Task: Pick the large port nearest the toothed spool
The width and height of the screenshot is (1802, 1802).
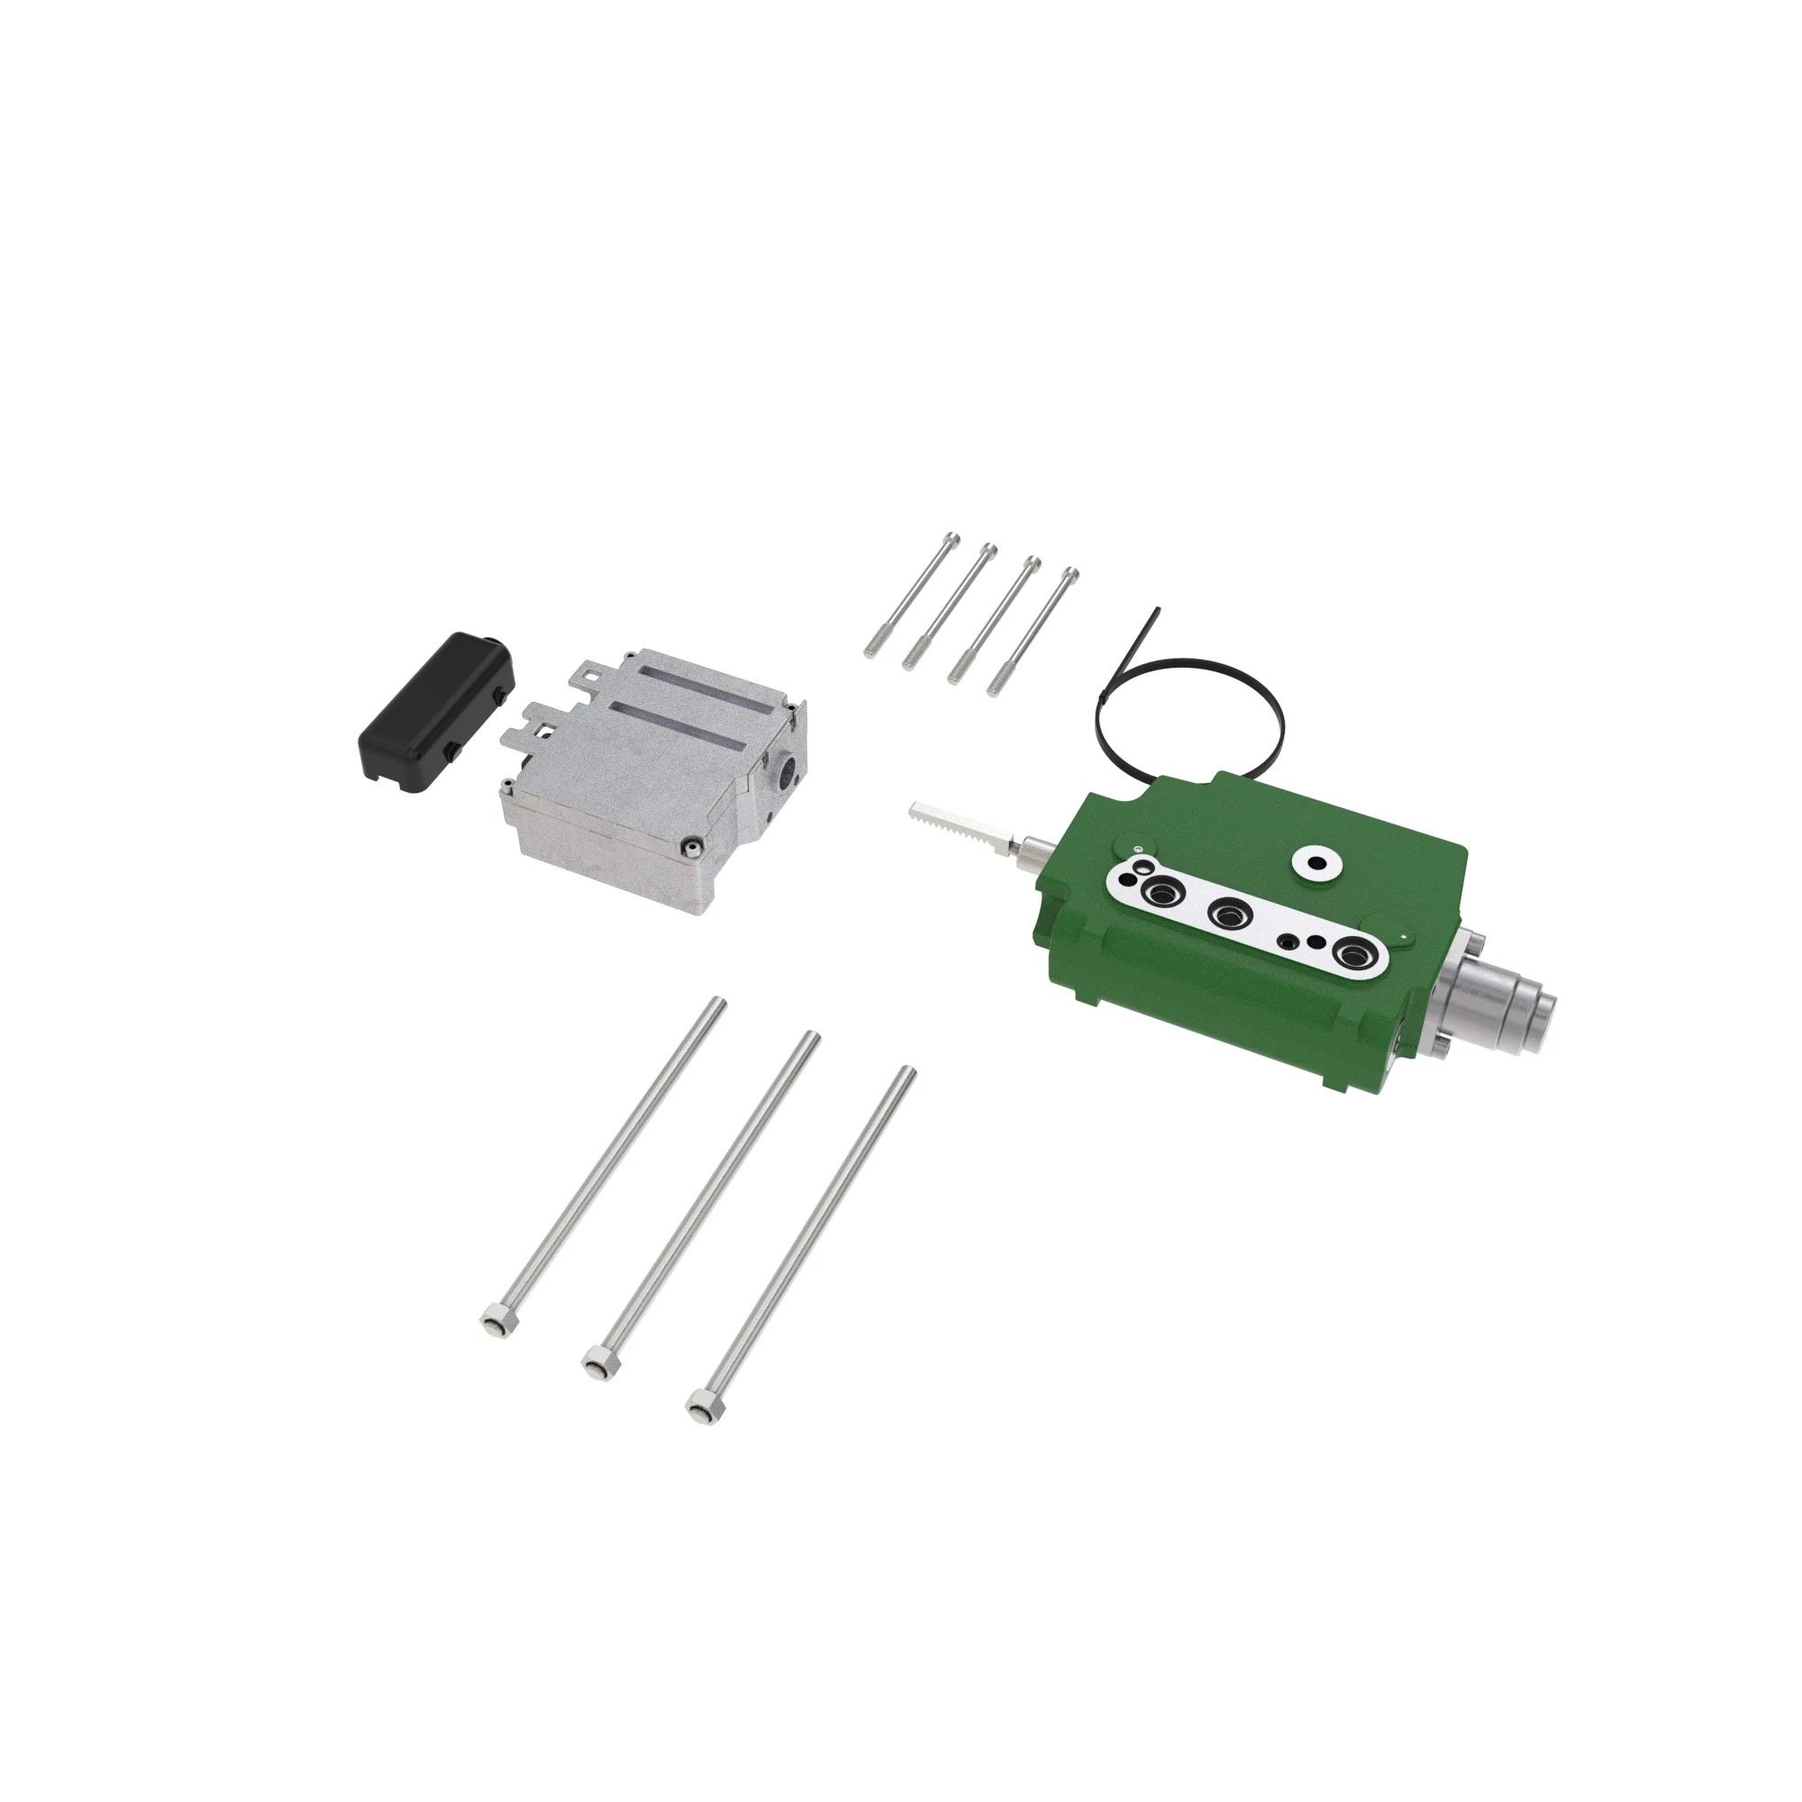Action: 1163,892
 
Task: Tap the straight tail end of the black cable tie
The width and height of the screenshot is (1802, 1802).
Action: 1155,614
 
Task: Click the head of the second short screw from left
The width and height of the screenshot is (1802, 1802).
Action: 989,550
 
